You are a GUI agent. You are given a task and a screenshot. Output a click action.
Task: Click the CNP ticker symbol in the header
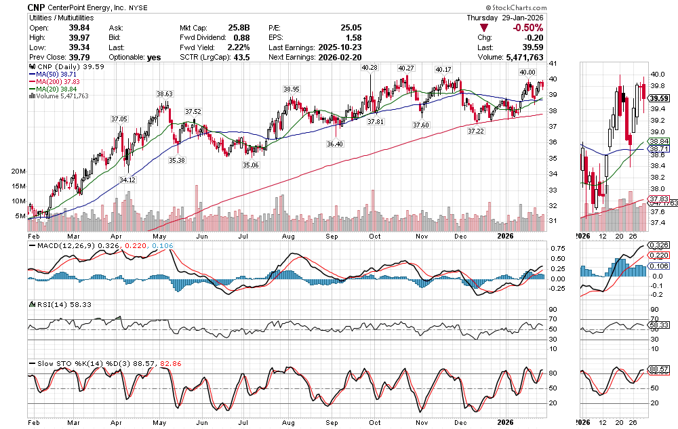(x=38, y=7)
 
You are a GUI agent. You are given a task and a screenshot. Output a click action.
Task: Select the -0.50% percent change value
(x=528, y=27)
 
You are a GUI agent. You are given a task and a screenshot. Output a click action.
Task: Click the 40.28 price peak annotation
(x=370, y=68)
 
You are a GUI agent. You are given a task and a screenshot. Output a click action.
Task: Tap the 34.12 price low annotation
(x=127, y=180)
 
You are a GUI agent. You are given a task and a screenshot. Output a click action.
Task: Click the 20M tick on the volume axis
(x=18, y=171)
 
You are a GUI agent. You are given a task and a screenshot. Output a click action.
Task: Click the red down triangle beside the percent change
(x=483, y=28)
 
